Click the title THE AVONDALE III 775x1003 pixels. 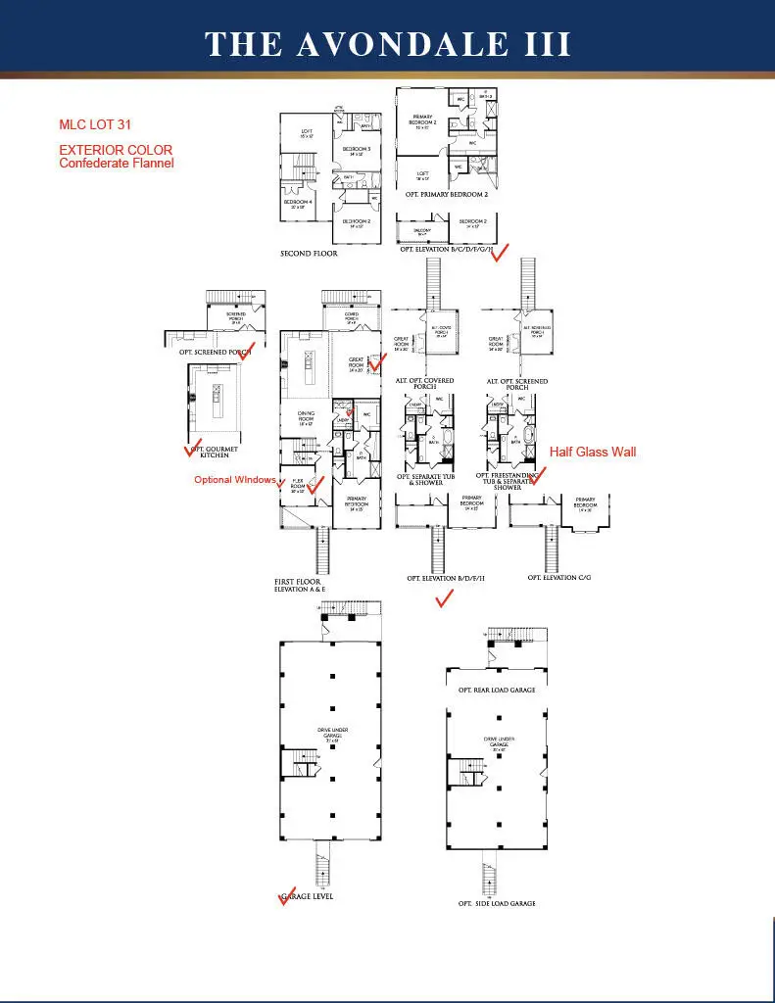(387, 44)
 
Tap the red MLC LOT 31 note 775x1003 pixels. (95, 124)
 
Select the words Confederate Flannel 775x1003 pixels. (117, 164)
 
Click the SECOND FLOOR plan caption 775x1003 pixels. (309, 254)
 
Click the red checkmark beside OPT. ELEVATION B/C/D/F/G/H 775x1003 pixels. (500, 253)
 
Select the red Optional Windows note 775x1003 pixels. (234, 480)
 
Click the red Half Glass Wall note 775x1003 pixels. (592, 452)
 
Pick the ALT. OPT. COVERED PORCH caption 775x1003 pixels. (424, 385)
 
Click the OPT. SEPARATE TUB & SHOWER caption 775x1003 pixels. (427, 479)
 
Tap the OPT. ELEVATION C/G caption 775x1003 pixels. (558, 578)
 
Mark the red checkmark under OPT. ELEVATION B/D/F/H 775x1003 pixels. (444, 599)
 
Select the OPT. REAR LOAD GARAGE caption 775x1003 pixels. (496, 691)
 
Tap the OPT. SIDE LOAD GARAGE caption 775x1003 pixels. (497, 903)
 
